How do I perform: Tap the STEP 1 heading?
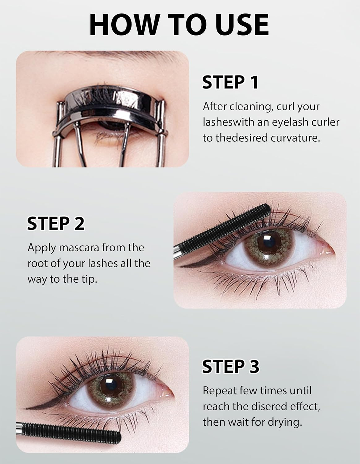[x=230, y=82]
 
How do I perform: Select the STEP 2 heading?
[x=56, y=223]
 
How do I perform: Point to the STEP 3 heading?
[x=231, y=366]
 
